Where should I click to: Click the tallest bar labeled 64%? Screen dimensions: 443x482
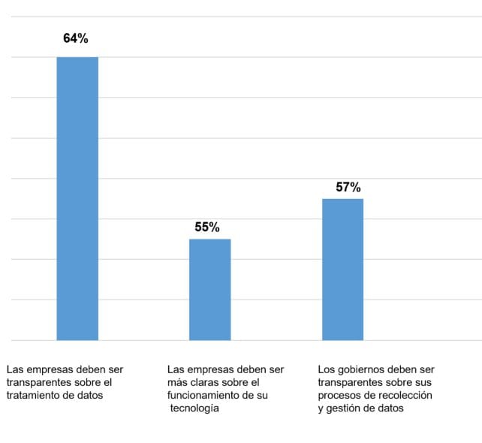point(77,198)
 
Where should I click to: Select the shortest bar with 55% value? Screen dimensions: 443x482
point(209,289)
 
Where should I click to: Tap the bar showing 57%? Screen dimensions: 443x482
point(342,269)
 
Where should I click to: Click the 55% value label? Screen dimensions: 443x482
point(207,227)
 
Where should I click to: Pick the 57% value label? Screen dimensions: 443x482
point(348,187)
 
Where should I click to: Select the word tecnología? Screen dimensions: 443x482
point(194,408)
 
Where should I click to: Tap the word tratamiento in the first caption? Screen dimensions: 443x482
point(33,396)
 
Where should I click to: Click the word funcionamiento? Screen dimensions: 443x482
point(204,396)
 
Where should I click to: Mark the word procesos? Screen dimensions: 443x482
point(340,396)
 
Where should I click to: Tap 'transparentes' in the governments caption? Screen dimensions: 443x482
point(349,383)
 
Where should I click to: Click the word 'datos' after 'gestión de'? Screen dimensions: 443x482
point(391,408)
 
